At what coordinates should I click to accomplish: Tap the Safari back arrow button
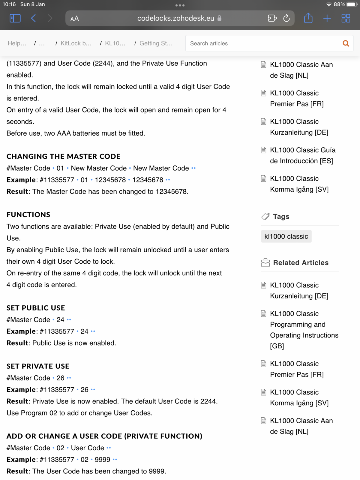pyautogui.click(x=33, y=18)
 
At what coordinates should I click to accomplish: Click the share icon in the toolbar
pyautogui.click(x=308, y=18)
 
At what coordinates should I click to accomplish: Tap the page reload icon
pyautogui.click(x=286, y=18)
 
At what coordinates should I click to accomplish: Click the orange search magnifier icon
pyautogui.click(x=346, y=43)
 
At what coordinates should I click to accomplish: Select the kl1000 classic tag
pyautogui.click(x=286, y=236)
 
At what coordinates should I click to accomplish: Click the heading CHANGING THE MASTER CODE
pyautogui.click(x=64, y=156)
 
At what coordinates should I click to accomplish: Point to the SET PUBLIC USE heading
pyautogui.click(x=36, y=308)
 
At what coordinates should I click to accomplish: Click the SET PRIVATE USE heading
pyautogui.click(x=38, y=366)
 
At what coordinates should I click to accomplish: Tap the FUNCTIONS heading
pyautogui.click(x=28, y=214)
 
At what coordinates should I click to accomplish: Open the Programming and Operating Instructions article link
pyautogui.click(x=304, y=329)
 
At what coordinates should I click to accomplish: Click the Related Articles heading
pyautogui.click(x=301, y=263)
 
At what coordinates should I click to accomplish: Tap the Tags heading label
pyautogui.click(x=281, y=217)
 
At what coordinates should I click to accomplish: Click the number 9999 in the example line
pyautogui.click(x=103, y=460)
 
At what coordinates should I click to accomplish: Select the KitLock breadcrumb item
pyautogui.click(x=76, y=43)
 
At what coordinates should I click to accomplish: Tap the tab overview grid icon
pyautogui.click(x=346, y=18)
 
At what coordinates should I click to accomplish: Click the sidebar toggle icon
pyautogui.click(x=15, y=18)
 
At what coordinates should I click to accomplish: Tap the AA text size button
pyautogui.click(x=75, y=19)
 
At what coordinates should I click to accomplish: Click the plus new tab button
pyautogui.click(x=327, y=18)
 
